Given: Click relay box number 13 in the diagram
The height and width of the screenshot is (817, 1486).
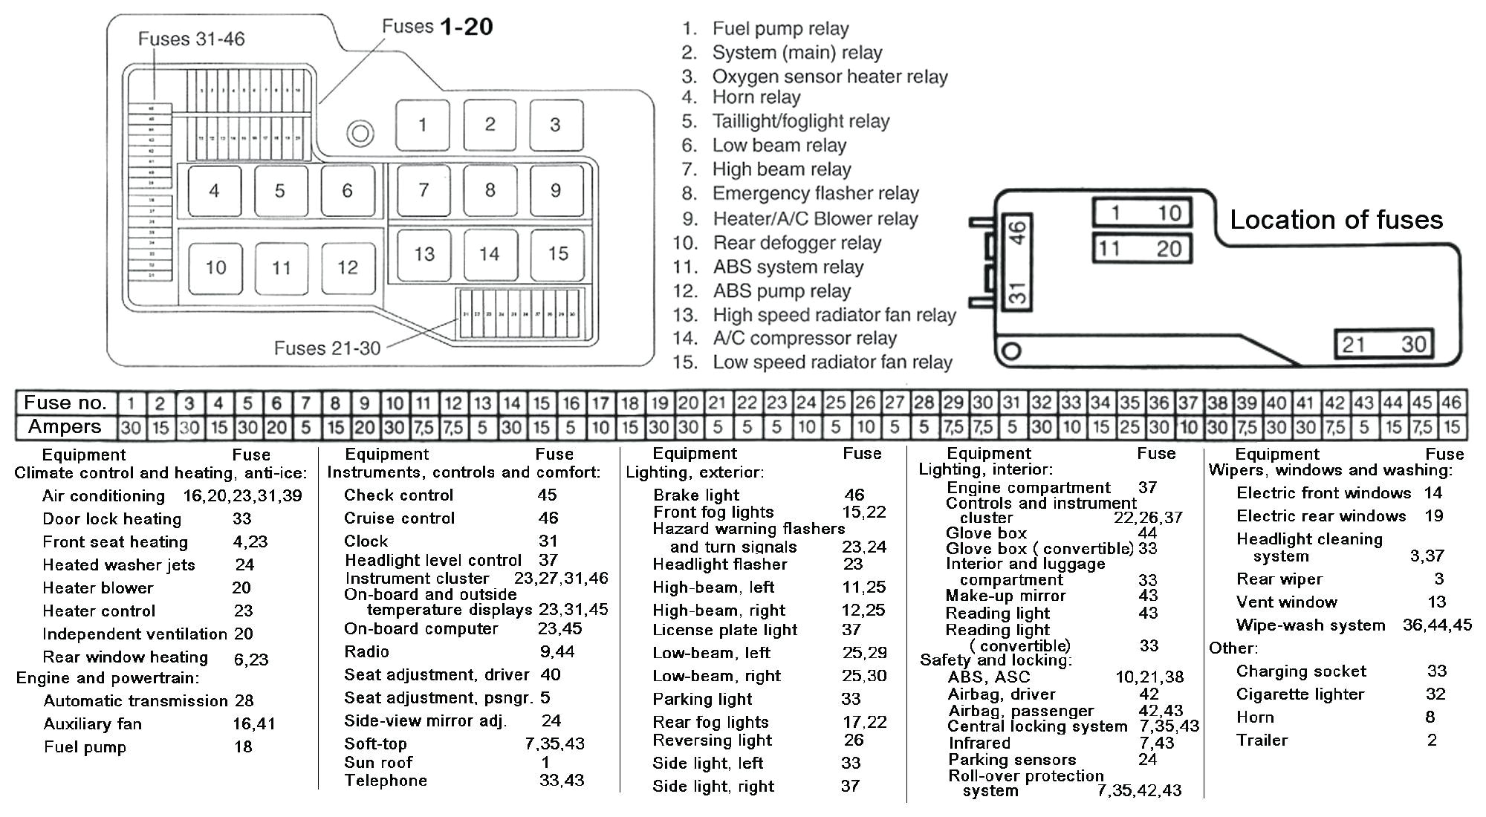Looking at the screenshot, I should click(x=424, y=254).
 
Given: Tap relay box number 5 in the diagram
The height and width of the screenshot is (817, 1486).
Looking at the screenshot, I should click(x=280, y=191).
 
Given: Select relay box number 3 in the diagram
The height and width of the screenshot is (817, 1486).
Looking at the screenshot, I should click(x=556, y=125).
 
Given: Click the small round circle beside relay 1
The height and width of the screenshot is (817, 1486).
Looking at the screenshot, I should click(x=360, y=134).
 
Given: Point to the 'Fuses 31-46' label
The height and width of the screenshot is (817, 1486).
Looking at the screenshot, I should click(x=191, y=39).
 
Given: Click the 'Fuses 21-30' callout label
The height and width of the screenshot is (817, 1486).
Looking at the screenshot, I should click(x=327, y=348).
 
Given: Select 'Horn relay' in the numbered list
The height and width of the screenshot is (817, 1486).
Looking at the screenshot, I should click(x=756, y=97).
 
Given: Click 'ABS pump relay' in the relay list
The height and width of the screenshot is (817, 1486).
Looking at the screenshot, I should click(x=782, y=291).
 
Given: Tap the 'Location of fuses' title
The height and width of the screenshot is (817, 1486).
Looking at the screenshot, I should click(x=1336, y=220).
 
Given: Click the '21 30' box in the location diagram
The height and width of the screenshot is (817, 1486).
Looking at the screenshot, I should click(x=1383, y=344).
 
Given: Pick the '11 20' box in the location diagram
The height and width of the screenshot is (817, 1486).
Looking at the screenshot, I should click(x=1142, y=248).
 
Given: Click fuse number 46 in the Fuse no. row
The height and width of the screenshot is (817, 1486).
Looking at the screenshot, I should click(x=1451, y=403).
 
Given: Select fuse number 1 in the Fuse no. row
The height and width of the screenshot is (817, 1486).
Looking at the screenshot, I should click(x=131, y=403).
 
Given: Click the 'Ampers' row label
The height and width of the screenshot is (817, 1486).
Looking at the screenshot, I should click(x=65, y=427).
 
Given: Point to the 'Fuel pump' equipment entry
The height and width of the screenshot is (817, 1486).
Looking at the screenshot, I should click(x=85, y=747).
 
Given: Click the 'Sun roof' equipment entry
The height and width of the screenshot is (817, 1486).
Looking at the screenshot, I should click(x=377, y=763).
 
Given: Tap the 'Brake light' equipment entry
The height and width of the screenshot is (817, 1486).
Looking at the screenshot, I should click(x=695, y=495).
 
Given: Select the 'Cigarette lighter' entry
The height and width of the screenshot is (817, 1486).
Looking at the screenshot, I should click(x=1300, y=694).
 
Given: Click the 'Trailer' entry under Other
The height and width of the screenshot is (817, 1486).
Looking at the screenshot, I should click(x=1262, y=740).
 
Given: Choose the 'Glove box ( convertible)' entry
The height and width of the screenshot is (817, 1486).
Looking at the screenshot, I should click(x=1039, y=549).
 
